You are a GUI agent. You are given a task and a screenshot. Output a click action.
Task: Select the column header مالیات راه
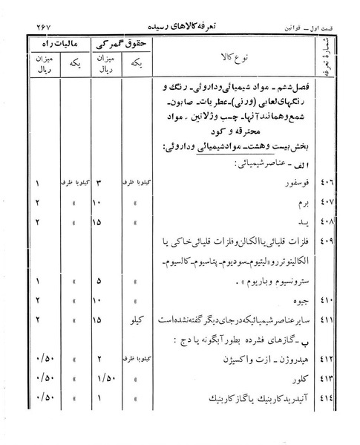tap(57, 44)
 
